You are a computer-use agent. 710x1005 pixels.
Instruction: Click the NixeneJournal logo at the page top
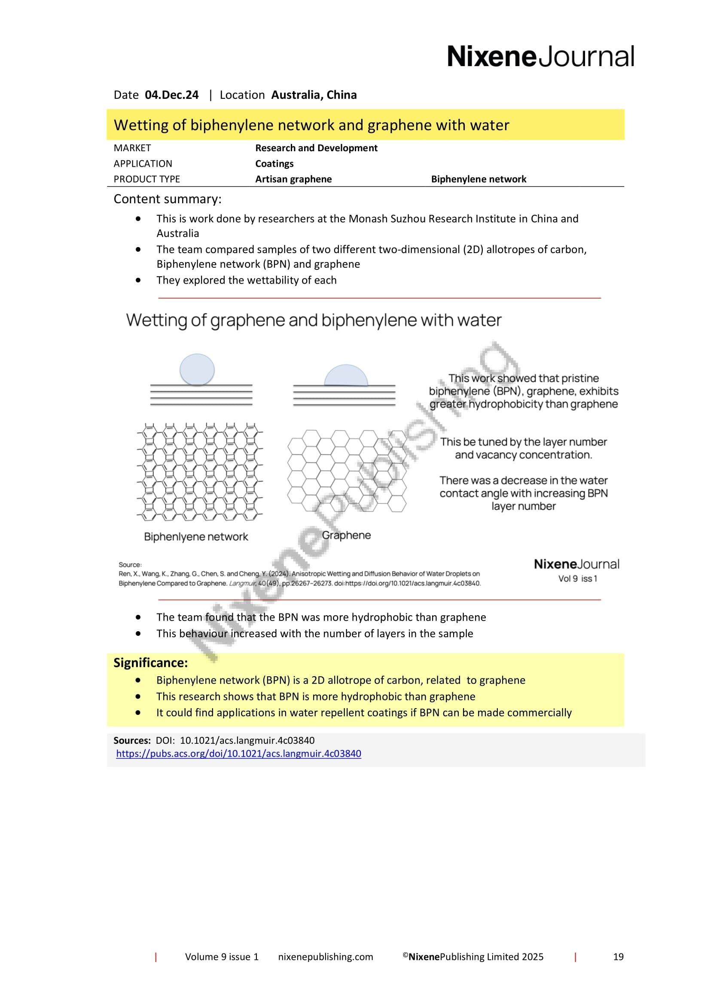tap(540, 57)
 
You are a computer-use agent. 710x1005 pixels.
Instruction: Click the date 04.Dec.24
tap(171, 95)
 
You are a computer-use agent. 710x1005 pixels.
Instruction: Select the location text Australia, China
tap(314, 95)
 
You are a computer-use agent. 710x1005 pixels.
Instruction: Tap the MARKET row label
tap(132, 148)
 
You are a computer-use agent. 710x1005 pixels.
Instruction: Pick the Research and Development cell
tap(316, 148)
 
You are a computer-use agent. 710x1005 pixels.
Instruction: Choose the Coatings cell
tap(274, 164)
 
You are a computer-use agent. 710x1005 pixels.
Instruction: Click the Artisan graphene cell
tap(293, 179)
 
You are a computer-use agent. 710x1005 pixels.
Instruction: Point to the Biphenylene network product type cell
tap(478, 179)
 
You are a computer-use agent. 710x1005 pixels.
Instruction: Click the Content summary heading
tap(168, 199)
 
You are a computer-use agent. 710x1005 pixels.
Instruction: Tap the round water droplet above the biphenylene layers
tap(197, 370)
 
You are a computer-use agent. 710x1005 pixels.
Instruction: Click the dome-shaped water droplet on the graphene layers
tap(346, 376)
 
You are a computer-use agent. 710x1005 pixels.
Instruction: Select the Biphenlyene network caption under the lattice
tap(196, 537)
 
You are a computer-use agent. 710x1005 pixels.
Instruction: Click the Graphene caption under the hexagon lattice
tap(346, 535)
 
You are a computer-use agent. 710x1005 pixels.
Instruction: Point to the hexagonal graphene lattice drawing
tap(347, 470)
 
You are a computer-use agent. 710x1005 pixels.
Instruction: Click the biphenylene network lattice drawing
tap(200, 472)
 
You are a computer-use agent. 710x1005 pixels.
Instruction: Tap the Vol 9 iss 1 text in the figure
tap(577, 579)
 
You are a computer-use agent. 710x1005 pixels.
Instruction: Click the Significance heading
tap(150, 663)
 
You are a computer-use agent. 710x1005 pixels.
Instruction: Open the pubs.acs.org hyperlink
tap(238, 754)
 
